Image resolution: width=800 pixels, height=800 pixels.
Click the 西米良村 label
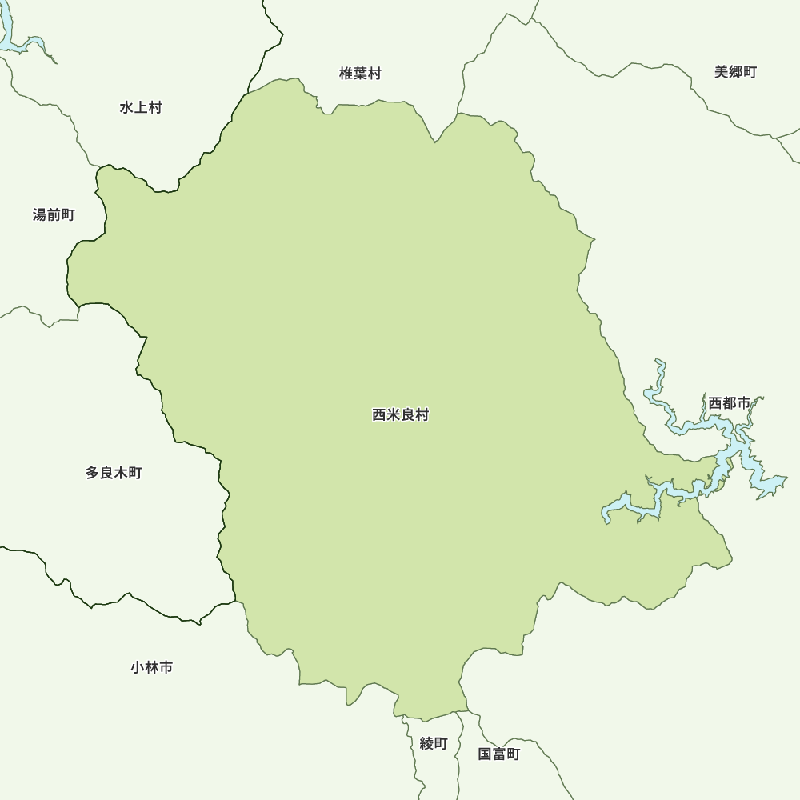tap(401, 415)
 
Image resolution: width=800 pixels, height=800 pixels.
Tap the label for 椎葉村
tap(360, 74)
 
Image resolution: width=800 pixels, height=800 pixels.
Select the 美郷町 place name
tap(735, 72)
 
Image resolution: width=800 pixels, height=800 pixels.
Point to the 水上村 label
tap(141, 107)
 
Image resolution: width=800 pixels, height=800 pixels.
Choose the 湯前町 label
tap(54, 214)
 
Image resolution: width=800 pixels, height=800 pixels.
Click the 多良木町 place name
tap(114, 473)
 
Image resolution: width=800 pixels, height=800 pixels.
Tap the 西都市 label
tap(729, 403)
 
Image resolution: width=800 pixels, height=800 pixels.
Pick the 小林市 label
tap(151, 666)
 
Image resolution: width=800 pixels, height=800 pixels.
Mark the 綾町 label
tap(434, 743)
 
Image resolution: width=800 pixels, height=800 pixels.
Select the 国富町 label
tap(499, 754)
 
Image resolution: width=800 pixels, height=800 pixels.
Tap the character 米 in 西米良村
tap(394, 415)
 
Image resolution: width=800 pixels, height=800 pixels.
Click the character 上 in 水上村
tap(141, 107)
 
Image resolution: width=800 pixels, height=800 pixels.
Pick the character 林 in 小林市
tap(151, 666)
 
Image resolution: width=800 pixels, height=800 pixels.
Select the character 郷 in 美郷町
tap(735, 72)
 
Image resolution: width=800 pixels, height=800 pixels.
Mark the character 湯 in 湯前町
tap(40, 214)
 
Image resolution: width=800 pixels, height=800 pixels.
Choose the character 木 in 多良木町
tap(121, 473)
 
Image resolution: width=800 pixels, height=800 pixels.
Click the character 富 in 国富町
tap(499, 754)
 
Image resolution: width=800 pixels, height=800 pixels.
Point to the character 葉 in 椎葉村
tap(360, 74)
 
